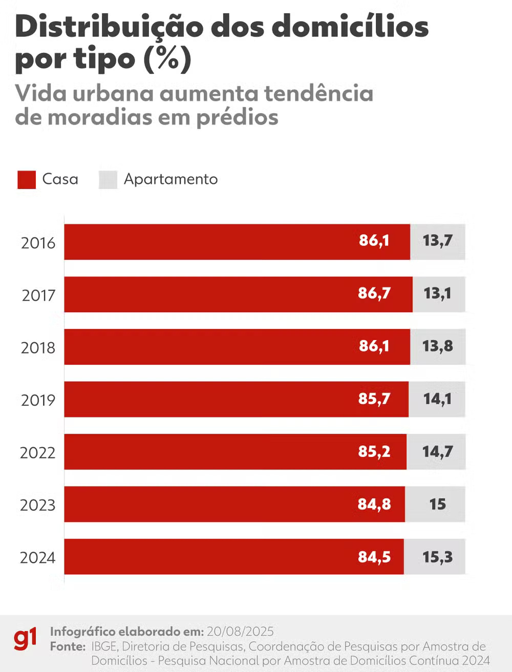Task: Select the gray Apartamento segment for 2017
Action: pyautogui.click(x=439, y=295)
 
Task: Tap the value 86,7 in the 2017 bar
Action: pyautogui.click(x=374, y=293)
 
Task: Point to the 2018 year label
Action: pyautogui.click(x=38, y=348)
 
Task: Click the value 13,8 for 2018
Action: pyautogui.click(x=438, y=346)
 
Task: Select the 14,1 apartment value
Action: pyautogui.click(x=437, y=399)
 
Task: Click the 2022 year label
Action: pyautogui.click(x=37, y=453)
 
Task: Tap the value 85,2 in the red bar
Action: pyautogui.click(x=374, y=452)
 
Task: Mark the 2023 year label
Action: pyautogui.click(x=37, y=506)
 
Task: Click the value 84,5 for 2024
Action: pyautogui.click(x=374, y=557)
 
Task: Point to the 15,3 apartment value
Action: pyautogui.click(x=437, y=557)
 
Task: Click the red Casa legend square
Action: pyautogui.click(x=27, y=180)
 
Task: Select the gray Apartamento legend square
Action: pyautogui.click(x=108, y=180)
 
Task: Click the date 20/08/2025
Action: pyautogui.click(x=240, y=631)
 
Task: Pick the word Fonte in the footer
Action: pyautogui.click(x=68, y=646)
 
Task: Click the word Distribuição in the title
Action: pyautogui.click(x=110, y=27)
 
